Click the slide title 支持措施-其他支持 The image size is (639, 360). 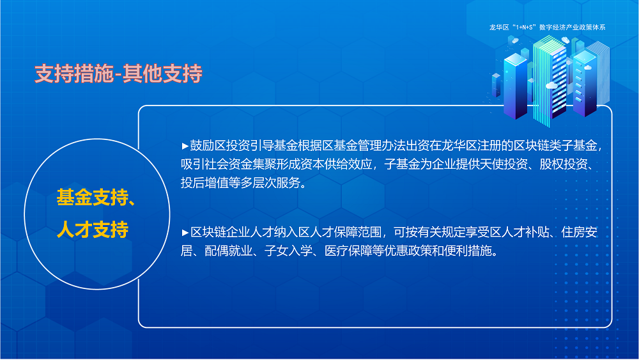coord(118,74)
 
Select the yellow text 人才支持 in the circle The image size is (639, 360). coord(93,230)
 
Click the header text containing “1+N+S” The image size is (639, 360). coord(546,27)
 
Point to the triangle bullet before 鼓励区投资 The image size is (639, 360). coord(185,145)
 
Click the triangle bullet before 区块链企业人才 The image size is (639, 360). coord(185,231)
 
